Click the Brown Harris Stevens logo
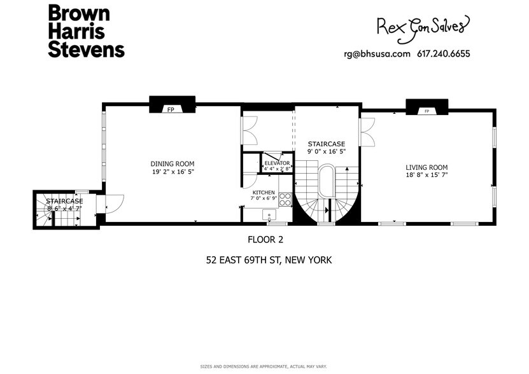(86, 31)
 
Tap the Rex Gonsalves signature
(423, 26)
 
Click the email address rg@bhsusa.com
(376, 54)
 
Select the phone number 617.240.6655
(443, 54)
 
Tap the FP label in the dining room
(171, 110)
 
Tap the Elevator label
(277, 163)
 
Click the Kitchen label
(264, 192)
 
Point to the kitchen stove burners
(285, 200)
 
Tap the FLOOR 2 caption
(265, 240)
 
